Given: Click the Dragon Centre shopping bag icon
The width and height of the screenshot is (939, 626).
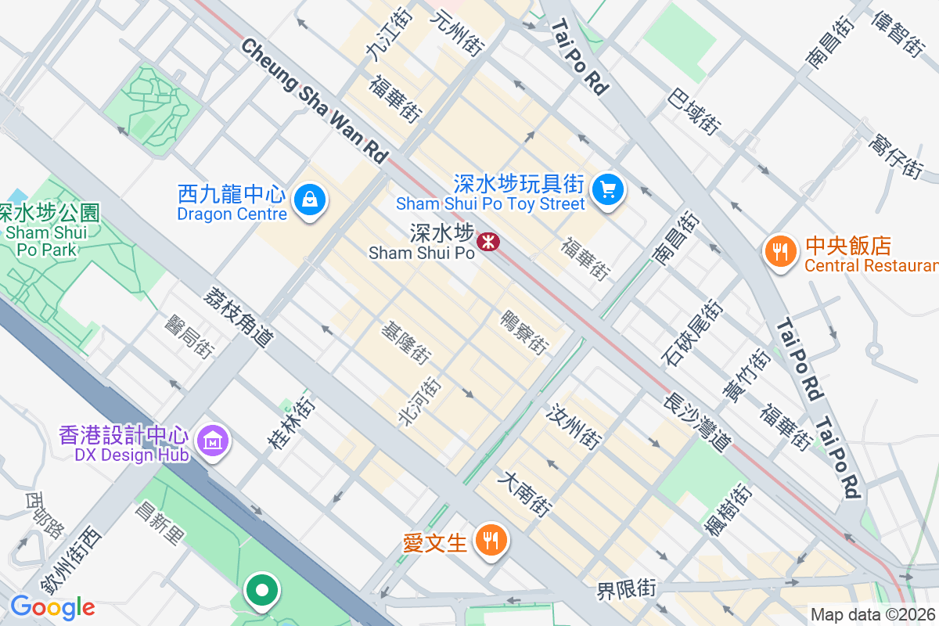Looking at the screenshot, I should [x=310, y=201].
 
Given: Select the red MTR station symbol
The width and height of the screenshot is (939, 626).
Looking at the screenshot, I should [x=490, y=241].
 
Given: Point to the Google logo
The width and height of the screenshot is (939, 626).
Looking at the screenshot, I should [x=52, y=607].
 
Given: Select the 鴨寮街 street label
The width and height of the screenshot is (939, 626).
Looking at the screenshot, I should [x=524, y=332].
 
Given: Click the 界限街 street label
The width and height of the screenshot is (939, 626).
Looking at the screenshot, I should [x=626, y=588].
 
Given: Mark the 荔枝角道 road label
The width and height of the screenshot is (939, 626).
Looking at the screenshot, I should [x=239, y=316].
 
